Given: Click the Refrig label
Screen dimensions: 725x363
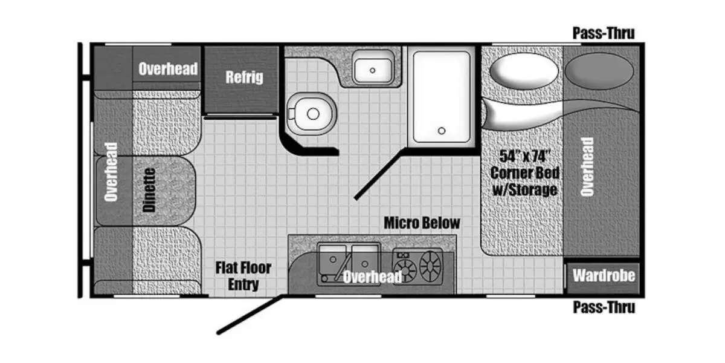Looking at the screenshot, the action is pos(244,77).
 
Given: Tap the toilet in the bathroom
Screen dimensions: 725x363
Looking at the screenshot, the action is pos(311,114).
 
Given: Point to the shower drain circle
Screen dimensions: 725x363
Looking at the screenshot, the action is pos(442,131).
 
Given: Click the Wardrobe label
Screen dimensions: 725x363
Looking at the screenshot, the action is pos(604,276).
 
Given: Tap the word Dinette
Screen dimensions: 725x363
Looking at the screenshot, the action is pos(149,190).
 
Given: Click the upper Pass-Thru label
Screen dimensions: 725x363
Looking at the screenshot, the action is pos(604,33).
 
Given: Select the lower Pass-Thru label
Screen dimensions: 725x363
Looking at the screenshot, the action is pos(604,307).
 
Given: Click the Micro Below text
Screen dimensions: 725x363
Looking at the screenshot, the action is pos(422,223).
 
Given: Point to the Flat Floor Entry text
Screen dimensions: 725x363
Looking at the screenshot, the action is pos(243,276).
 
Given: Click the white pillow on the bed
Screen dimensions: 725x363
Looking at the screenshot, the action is pos(524,71).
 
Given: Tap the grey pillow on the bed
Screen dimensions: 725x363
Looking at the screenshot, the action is pos(599,70).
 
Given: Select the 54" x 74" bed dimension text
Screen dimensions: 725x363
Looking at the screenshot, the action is pos(524,156).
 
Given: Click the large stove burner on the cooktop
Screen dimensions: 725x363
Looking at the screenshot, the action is pos(430,266).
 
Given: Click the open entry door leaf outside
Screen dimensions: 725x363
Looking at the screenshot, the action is pos(250,315).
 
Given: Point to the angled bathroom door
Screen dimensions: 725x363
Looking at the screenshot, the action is pos(379,174).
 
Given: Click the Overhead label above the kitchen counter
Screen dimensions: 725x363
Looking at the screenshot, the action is pos(372,277).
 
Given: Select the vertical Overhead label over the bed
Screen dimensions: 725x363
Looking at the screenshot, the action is pos(587,167).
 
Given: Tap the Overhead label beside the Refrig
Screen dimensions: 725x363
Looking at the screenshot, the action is pos(168,69).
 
